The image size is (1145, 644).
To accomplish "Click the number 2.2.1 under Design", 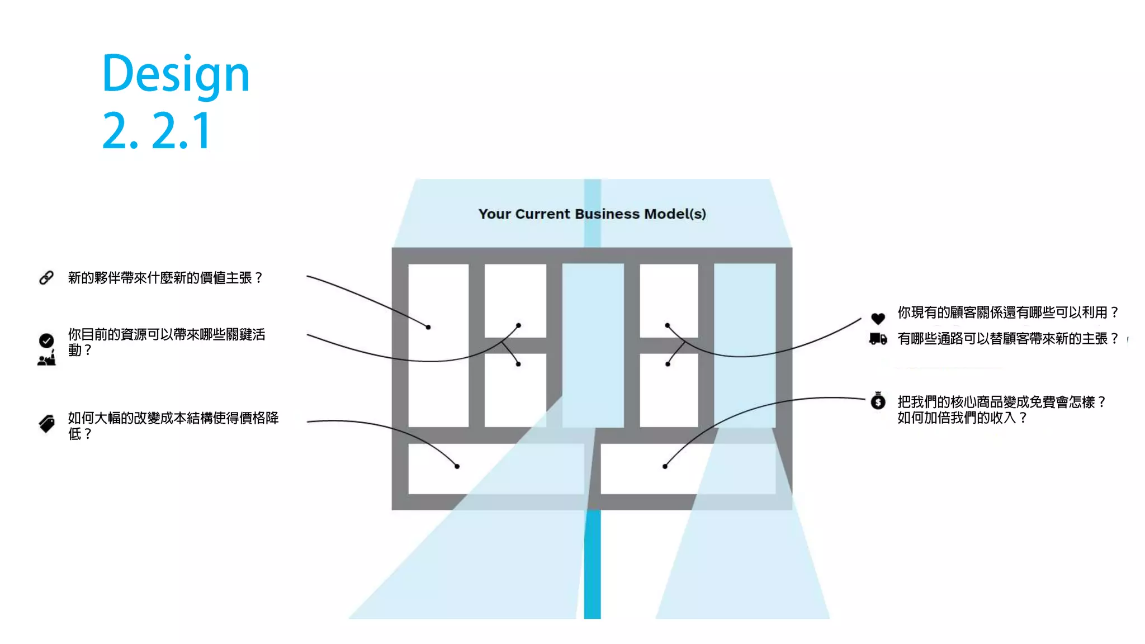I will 157,131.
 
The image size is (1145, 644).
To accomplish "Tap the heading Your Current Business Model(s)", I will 592,214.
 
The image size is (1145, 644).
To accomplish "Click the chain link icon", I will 46,278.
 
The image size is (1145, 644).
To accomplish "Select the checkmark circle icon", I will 46,340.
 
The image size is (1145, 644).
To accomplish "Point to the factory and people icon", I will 46,358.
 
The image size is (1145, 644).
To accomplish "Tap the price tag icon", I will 47,424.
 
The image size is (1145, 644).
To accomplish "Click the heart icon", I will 878,319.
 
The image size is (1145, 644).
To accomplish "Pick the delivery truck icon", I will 878,339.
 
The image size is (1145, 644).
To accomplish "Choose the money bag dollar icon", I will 878,401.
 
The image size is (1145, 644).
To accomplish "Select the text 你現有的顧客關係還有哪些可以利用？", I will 1008,312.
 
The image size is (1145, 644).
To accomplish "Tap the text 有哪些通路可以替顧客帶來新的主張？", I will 1008,339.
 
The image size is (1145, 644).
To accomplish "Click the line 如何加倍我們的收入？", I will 962,418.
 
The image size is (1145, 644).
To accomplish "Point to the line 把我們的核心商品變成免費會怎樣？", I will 1001,402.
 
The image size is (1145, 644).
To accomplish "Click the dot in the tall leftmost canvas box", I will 428,327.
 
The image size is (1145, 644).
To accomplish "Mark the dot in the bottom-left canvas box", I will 457,466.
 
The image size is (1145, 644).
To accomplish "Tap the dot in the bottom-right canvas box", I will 665,466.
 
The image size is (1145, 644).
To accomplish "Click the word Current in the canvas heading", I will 542,214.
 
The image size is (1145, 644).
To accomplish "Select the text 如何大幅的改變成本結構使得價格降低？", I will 173,425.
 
